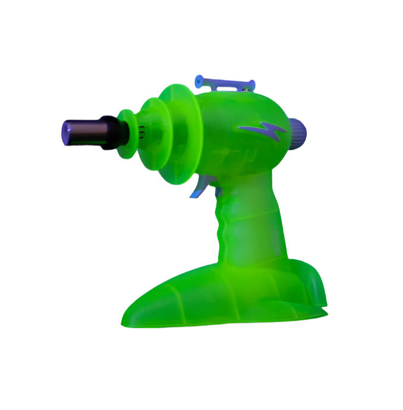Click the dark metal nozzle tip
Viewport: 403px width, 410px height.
pos(80,129)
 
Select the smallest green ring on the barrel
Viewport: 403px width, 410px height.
pos(125,133)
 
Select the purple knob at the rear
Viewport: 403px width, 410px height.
pos(297,127)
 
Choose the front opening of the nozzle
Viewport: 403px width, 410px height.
pos(64,130)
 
